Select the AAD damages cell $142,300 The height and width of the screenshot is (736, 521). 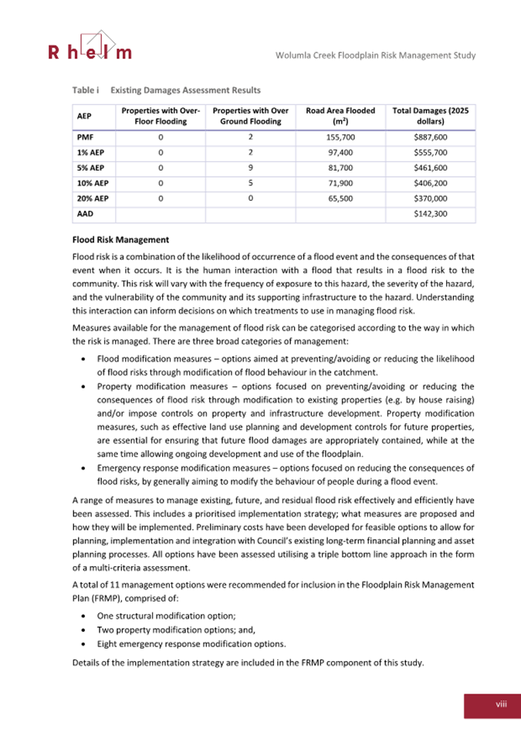[431, 213]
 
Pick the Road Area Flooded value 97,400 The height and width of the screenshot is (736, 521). [340, 151]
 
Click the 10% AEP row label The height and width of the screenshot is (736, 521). [90, 182]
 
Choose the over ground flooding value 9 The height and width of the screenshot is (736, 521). [250, 167]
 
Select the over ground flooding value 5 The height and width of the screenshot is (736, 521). [250, 182]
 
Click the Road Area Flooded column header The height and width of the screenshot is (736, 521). [340, 116]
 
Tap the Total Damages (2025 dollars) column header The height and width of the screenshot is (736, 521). [431, 116]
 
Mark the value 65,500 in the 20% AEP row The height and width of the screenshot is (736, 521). [340, 198]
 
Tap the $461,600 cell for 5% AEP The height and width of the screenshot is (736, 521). [431, 167]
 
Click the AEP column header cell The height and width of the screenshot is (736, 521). [84, 116]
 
